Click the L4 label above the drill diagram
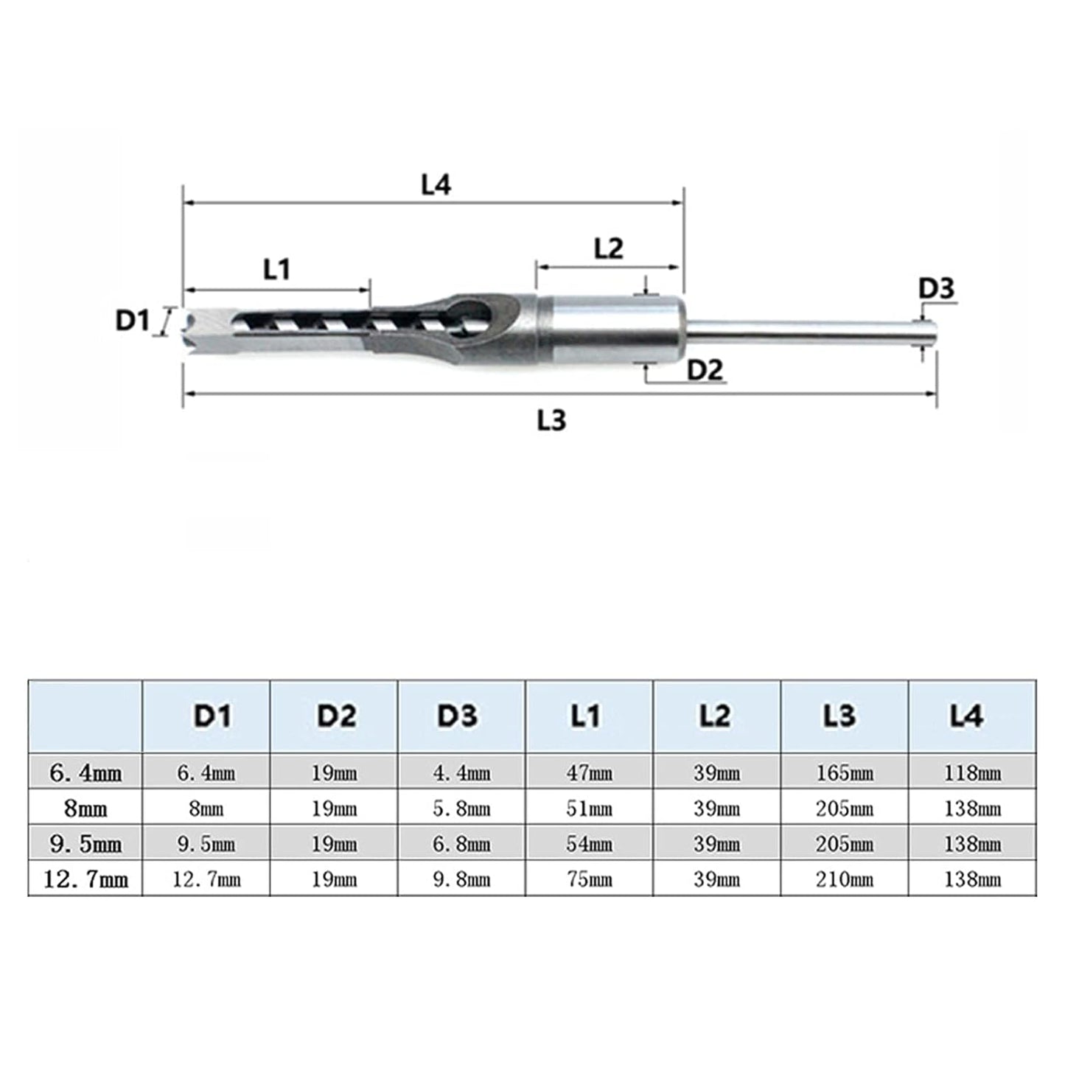[x=436, y=185]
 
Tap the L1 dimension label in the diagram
[x=276, y=270]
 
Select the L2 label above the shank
[x=609, y=248]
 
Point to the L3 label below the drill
[x=551, y=421]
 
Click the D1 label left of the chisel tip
[x=133, y=321]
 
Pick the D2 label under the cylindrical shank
[x=705, y=370]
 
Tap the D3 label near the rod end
[x=936, y=288]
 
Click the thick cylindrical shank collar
[x=611, y=330]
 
